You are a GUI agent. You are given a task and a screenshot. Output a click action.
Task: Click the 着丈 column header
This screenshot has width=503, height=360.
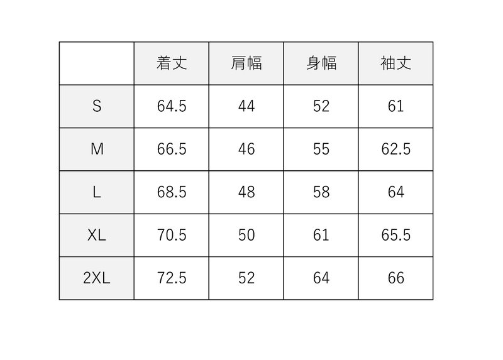172,63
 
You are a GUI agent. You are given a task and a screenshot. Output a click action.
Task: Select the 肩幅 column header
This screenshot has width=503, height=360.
246,63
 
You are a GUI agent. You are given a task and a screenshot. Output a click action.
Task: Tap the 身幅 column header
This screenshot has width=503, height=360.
321,63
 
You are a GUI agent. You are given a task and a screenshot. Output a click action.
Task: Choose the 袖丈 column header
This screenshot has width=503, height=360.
396,63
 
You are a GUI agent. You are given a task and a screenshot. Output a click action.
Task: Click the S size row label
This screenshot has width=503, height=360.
97,106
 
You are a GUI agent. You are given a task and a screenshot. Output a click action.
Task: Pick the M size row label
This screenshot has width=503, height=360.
97,150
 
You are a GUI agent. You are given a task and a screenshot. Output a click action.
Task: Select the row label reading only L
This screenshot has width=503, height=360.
97,192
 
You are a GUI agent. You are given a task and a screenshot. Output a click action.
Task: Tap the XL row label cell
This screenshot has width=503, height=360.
97,236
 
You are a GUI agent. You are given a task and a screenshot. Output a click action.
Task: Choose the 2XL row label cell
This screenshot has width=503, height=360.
97,278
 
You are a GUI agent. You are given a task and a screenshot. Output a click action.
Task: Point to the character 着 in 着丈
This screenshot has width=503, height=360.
164,63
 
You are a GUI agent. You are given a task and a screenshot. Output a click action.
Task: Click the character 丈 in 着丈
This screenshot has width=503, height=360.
180,63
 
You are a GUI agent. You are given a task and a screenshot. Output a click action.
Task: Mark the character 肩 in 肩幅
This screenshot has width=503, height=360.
239,63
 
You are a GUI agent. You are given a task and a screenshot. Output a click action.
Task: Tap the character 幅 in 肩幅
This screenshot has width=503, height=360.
255,63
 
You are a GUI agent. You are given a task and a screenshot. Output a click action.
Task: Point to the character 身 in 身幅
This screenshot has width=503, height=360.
314,63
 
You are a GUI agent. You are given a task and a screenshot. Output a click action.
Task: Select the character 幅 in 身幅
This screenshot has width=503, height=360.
329,63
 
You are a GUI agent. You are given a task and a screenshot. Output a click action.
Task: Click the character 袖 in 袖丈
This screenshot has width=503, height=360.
388,63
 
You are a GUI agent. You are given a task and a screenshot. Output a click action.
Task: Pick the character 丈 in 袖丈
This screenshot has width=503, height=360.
404,63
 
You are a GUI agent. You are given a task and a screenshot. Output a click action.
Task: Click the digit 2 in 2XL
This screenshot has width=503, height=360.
87,278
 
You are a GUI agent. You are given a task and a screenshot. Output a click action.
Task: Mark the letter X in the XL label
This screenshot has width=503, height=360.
92,236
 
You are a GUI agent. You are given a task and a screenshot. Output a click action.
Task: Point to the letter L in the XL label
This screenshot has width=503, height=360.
102,236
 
